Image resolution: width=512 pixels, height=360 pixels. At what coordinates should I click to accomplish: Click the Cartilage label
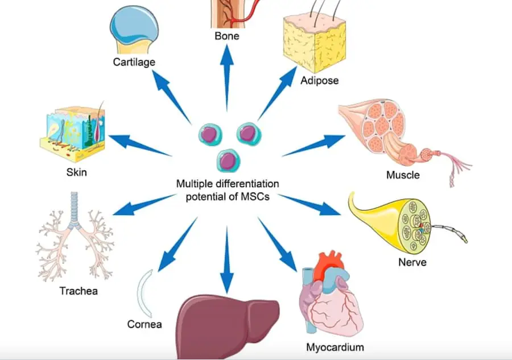click(x=134, y=62)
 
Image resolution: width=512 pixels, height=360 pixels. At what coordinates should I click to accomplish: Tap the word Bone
click(x=227, y=36)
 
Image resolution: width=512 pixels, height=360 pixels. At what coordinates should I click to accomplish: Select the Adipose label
click(x=319, y=80)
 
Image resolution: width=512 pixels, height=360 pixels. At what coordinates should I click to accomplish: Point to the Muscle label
click(x=403, y=175)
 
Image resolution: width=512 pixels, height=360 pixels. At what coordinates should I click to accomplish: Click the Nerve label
click(x=412, y=263)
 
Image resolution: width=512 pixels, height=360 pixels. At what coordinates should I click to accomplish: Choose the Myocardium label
click(x=335, y=347)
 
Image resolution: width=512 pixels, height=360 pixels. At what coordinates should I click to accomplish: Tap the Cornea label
click(x=144, y=325)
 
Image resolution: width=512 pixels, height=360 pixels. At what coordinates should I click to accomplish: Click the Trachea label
click(x=79, y=292)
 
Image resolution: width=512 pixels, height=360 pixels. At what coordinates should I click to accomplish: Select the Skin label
click(x=76, y=172)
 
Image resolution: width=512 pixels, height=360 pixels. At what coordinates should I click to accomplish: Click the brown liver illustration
click(x=228, y=324)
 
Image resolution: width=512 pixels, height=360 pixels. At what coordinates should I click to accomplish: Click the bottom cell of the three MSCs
click(x=227, y=160)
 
